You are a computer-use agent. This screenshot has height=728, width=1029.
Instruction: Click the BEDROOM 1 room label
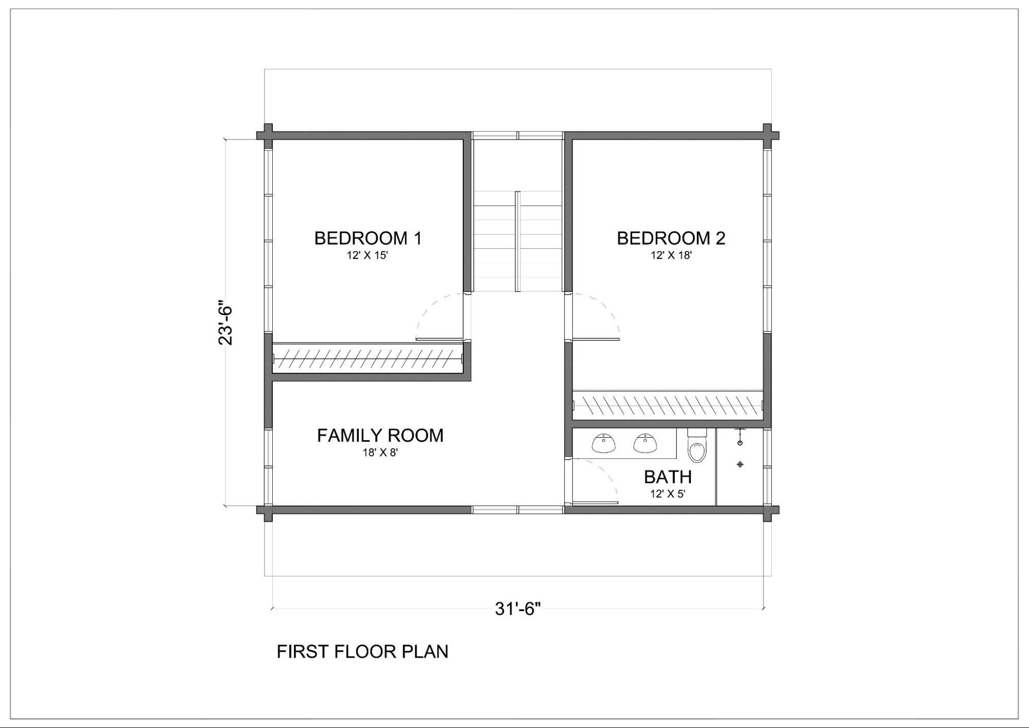tap(368, 238)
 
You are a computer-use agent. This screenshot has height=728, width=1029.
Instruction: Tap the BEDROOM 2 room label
tap(671, 238)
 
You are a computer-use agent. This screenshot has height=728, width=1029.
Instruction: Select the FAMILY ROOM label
tap(380, 436)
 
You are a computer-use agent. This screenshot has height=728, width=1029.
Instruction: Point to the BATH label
tap(668, 477)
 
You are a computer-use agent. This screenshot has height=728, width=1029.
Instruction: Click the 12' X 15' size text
tap(367, 255)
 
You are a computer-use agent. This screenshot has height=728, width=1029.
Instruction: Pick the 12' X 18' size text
tap(671, 255)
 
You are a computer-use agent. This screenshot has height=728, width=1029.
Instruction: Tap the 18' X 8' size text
tap(380, 453)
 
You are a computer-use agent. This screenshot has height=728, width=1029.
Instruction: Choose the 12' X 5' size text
tap(668, 494)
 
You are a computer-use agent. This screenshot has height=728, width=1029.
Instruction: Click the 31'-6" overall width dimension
tap(518, 609)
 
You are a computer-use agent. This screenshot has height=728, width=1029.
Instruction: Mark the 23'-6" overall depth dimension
tap(225, 322)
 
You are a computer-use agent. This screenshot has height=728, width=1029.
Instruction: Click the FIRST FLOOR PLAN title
tap(362, 652)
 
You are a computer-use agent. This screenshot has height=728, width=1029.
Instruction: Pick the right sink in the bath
tap(645, 443)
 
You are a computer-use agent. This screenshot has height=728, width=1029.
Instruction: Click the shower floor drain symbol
tap(740, 464)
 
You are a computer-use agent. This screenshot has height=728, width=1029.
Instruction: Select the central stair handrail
tap(518, 241)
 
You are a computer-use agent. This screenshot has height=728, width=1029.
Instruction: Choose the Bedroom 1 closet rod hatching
tap(368, 358)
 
